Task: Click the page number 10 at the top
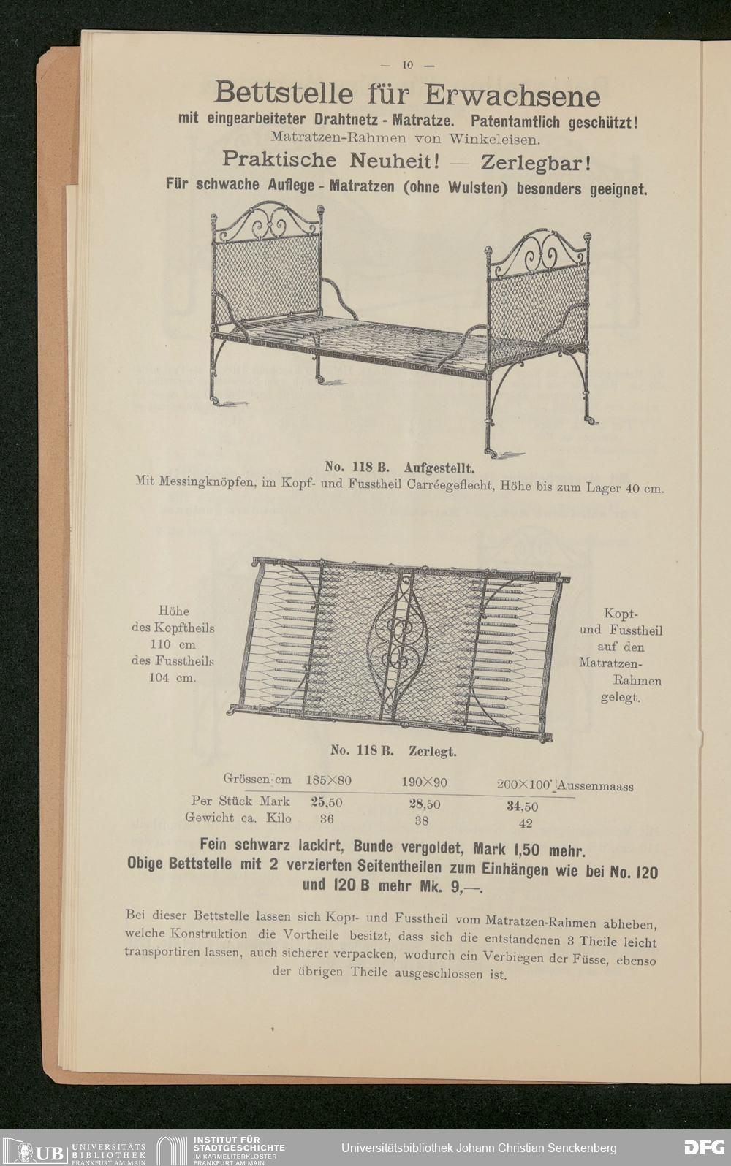(x=407, y=65)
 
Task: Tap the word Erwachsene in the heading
(x=513, y=96)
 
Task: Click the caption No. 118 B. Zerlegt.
(x=393, y=750)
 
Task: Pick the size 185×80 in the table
(x=328, y=780)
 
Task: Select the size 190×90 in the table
(x=424, y=782)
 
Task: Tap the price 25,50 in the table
(x=327, y=801)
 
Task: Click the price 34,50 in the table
(x=522, y=807)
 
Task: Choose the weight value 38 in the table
(x=422, y=820)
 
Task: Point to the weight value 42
(x=525, y=823)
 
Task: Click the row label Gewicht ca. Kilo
(x=239, y=818)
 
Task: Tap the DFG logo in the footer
(x=702, y=1146)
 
